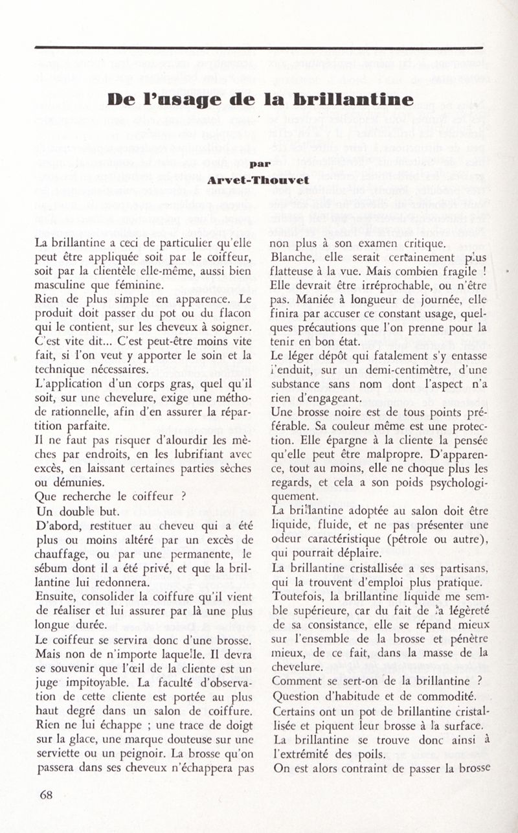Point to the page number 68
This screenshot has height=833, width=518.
coord(46,795)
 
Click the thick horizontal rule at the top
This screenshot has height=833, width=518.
coord(259,47)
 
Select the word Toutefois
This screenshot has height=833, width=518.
coord(300,594)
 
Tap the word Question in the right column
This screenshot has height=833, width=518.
coord(298,696)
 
